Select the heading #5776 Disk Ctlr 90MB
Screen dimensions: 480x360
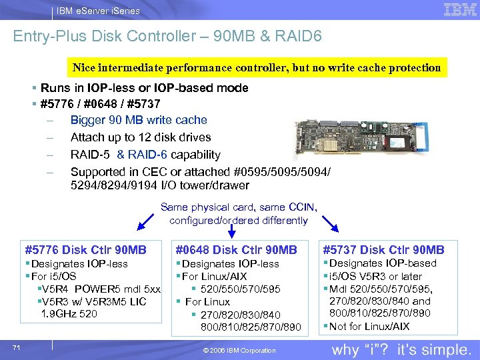point(85,250)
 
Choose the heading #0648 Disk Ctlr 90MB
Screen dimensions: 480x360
point(236,250)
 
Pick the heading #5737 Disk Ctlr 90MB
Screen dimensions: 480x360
point(383,250)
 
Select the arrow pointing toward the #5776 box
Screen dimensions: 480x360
point(146,220)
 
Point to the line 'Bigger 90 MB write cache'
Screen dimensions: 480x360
point(139,120)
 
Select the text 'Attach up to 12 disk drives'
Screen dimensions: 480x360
point(141,137)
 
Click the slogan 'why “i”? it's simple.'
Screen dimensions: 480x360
point(401,349)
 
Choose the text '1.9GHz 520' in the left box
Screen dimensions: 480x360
point(69,313)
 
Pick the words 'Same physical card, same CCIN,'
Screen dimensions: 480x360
point(237,207)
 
